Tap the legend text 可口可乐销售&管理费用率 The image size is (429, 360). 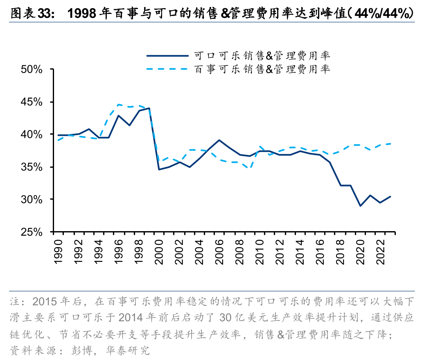click(x=262, y=55)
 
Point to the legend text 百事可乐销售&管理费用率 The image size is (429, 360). click(x=262, y=69)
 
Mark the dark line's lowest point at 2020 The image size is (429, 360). click(x=360, y=206)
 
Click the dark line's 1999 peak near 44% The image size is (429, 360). click(x=149, y=108)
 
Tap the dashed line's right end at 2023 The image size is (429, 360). click(x=390, y=144)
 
